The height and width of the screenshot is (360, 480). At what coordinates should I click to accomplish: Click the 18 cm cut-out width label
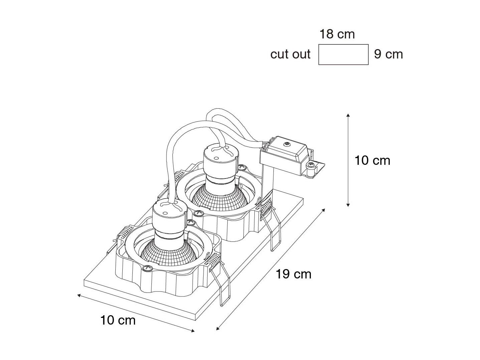point(337,34)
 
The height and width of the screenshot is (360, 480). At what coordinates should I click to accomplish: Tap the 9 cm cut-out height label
point(388,54)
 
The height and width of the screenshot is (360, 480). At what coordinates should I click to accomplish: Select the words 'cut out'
point(290,54)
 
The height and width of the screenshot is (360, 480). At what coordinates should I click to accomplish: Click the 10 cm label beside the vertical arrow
point(372,160)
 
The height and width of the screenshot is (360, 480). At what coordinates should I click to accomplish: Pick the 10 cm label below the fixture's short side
point(118,320)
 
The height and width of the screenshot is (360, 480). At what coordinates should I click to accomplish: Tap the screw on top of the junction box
point(286,144)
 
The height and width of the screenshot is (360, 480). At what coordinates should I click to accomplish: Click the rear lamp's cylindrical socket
point(221,166)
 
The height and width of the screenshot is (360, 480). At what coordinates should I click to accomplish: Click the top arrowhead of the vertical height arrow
point(348,115)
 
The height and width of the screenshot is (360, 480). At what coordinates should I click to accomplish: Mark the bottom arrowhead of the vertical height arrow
point(348,205)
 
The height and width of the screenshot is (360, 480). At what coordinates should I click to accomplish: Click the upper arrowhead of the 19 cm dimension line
point(323,210)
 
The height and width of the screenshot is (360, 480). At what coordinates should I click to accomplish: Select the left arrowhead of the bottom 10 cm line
point(79,295)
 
